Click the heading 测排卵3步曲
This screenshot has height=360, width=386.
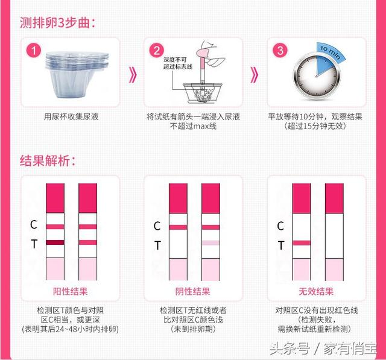pos(57,24)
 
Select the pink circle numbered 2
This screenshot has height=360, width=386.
pos(157,51)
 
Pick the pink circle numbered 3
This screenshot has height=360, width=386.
pos(280,51)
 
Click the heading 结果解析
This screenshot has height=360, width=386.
pos(48,161)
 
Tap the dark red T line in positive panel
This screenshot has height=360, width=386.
pos(55,242)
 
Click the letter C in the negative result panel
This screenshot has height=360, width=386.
pos(157,226)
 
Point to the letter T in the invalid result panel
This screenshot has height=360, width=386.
pos(280,245)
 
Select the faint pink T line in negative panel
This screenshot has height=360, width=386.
pos(211,243)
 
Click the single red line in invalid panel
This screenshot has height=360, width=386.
pos(301,242)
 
